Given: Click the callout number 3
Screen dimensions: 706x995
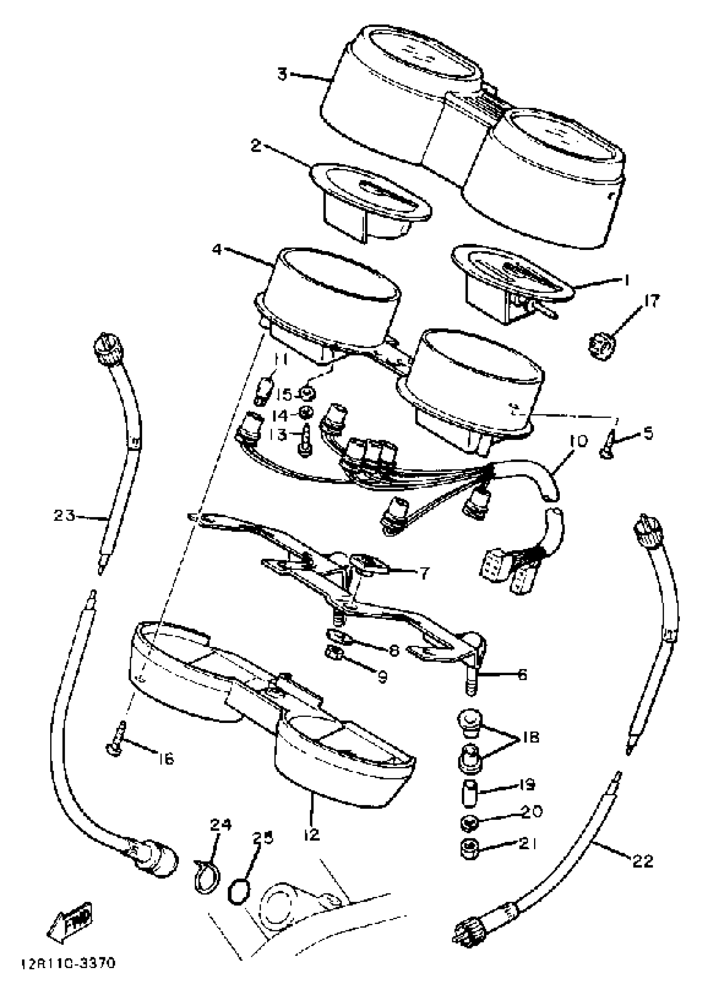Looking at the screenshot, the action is [283, 74].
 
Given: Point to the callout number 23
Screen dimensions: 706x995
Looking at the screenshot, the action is [64, 516].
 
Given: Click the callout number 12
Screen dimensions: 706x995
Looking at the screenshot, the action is [312, 834].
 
